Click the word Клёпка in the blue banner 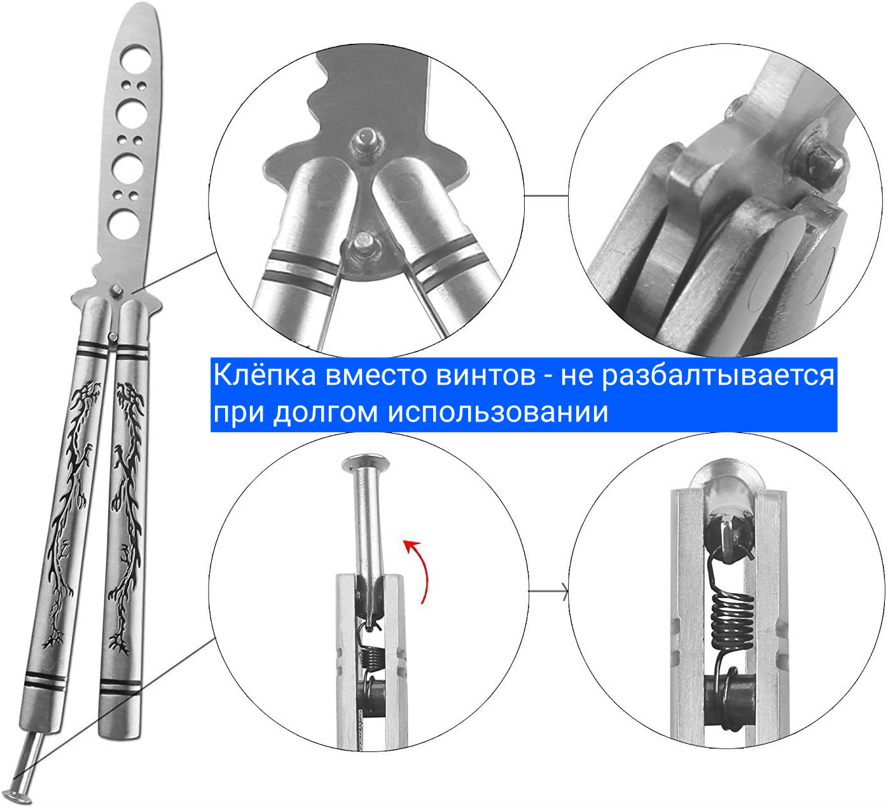click(265, 375)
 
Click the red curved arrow click(420, 570)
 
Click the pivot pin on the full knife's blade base click(116, 291)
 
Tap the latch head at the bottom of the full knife click(17, 796)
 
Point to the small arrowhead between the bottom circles click(564, 592)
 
